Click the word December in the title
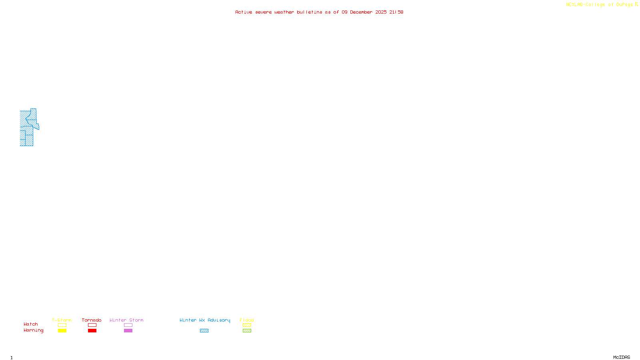tap(361, 12)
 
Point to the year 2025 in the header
tap(381, 12)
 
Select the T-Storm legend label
tap(62, 320)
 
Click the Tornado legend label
tap(92, 320)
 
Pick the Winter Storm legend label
tap(126, 320)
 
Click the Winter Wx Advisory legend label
tap(205, 320)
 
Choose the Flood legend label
tap(247, 320)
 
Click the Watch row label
tap(31, 324)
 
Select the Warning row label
tap(34, 330)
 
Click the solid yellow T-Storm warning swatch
tap(62, 331)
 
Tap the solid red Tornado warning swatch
tap(92, 331)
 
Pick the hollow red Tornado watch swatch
tap(92, 325)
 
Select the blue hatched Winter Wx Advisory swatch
tap(204, 331)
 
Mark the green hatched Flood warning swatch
tap(247, 331)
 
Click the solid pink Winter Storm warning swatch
tap(128, 331)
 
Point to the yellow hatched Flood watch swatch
tap(247, 325)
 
